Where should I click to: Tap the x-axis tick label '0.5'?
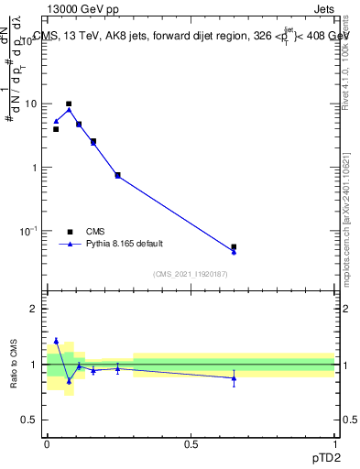191,442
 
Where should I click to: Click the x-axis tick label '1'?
334,442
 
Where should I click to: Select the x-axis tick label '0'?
47,442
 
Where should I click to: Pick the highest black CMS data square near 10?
69,104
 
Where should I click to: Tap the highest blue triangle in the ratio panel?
56,340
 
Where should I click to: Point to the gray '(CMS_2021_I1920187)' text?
190,274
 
